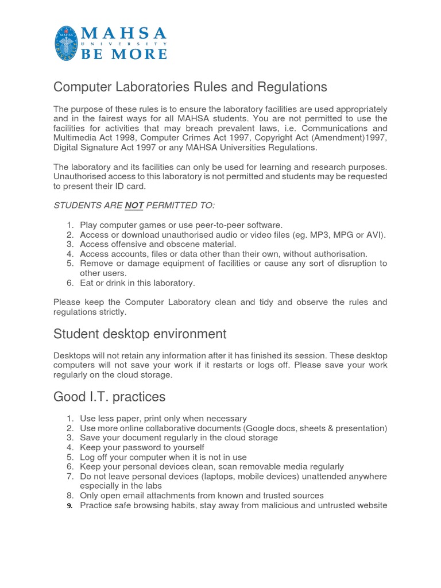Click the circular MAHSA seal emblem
(x=68, y=44)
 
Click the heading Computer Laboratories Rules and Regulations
(x=190, y=87)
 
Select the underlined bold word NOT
(x=134, y=206)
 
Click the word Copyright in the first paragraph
(x=296, y=138)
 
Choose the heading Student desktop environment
(x=140, y=334)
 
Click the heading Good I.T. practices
(x=109, y=397)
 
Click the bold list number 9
(x=69, y=506)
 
